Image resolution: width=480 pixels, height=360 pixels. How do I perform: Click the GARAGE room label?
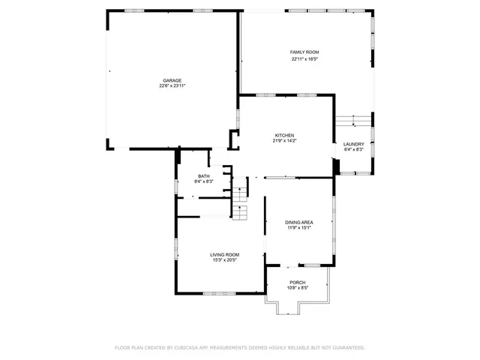(172, 80)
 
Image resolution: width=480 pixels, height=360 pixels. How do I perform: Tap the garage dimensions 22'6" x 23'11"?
(172, 86)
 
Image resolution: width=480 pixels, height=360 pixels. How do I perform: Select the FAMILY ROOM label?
(299, 52)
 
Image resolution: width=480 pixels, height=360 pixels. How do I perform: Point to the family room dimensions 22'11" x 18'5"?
(299, 58)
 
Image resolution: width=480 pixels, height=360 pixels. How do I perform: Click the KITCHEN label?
(283, 135)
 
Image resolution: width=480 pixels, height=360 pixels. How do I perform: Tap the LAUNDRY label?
(353, 144)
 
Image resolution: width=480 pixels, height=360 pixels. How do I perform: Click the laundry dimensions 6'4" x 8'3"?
(353, 150)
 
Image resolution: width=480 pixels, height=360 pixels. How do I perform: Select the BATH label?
(204, 175)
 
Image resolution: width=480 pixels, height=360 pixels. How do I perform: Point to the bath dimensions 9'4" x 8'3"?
(204, 181)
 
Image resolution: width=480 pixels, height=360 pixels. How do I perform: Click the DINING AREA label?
(298, 222)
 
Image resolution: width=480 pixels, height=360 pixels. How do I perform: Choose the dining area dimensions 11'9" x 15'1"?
(298, 228)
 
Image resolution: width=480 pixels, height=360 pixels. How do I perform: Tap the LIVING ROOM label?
(223, 254)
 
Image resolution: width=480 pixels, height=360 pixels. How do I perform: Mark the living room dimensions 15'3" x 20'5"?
(223, 260)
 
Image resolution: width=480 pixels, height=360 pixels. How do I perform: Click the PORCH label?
(298, 282)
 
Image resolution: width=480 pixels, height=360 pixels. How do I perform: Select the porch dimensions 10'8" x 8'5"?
(298, 288)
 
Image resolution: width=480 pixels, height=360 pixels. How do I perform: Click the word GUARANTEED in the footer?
(347, 348)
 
